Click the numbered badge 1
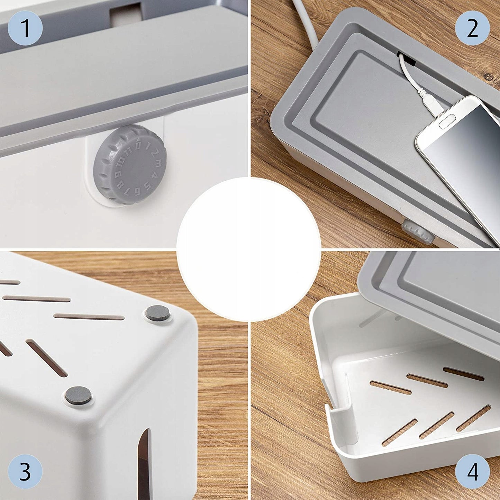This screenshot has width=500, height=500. [x=25, y=28]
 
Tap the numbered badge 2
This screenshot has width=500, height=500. [x=472, y=28]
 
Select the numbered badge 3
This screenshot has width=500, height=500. [x=25, y=472]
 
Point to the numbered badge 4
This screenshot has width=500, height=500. [x=472, y=472]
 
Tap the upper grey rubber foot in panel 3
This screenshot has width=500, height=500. [x=157, y=313]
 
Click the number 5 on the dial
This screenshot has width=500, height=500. [x=147, y=185]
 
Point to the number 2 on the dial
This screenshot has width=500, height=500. [x=154, y=153]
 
